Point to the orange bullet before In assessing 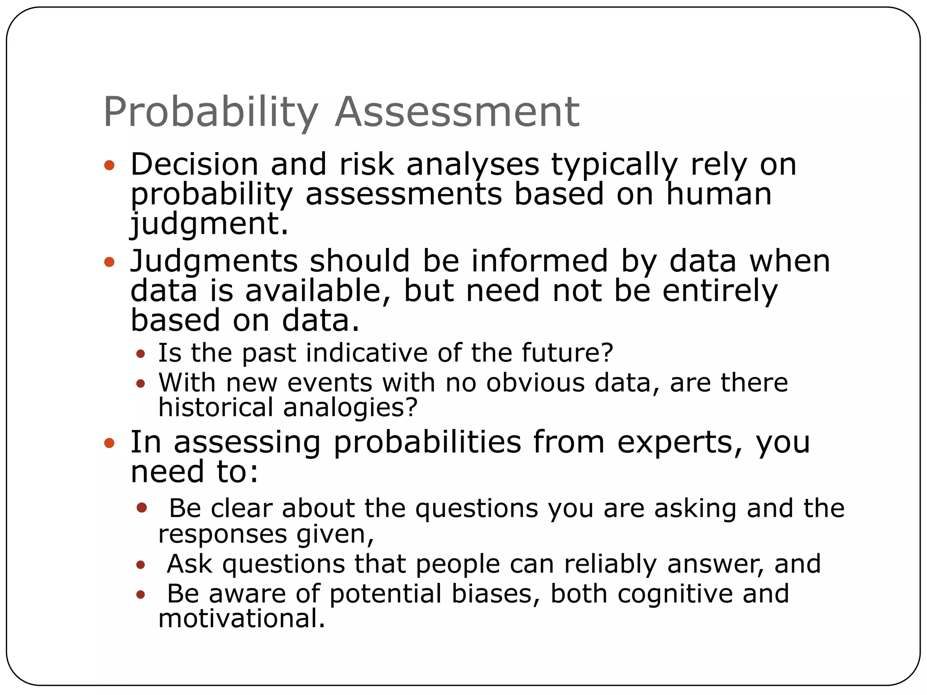point(109,443)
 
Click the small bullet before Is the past point(141,353)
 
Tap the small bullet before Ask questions point(141,565)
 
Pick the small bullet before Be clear point(142,507)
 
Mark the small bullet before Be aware point(141,594)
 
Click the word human point(718,194)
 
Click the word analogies point(350,408)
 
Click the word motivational point(242,619)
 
